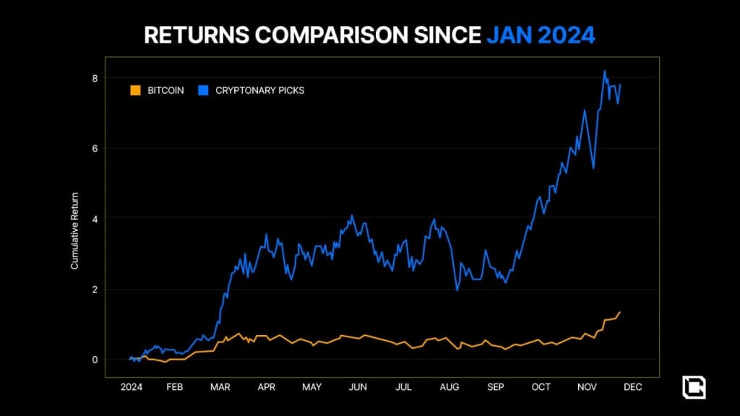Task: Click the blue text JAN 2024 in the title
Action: tap(541, 35)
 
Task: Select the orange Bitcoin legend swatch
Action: tap(134, 91)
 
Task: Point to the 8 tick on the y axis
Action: tap(94, 78)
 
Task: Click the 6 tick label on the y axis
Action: tap(94, 149)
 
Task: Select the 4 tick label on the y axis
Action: tap(94, 218)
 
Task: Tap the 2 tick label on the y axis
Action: tap(94, 290)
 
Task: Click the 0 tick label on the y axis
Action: tap(94, 360)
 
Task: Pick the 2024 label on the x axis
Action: tap(132, 387)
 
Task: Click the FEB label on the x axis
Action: tap(174, 387)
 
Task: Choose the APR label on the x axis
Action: tap(267, 387)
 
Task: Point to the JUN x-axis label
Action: tap(358, 387)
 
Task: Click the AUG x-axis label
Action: tap(449, 387)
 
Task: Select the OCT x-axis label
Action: tap(541, 387)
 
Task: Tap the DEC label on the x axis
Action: tap(632, 387)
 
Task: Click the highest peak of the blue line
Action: tap(604, 71)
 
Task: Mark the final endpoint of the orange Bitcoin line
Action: tap(620, 312)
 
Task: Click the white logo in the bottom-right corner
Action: tap(694, 387)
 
